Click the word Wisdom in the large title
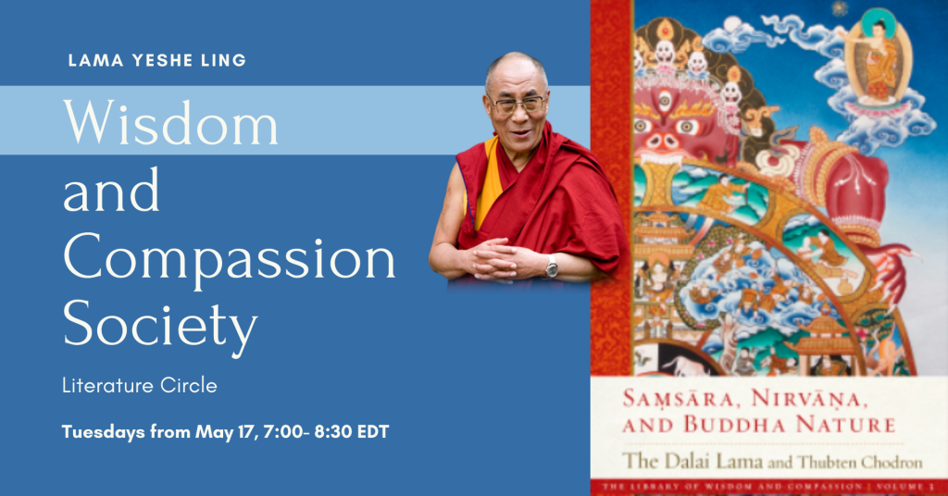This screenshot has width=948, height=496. pos(170,122)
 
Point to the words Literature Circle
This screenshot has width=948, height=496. pos(139,386)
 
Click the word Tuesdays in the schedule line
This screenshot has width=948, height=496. pos(103,431)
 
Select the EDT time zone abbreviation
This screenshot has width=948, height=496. pos(369,431)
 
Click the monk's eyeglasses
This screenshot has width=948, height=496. pos(518,103)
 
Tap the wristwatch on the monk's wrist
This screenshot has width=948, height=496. pos(552,267)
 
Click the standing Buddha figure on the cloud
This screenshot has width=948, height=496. pos(871,65)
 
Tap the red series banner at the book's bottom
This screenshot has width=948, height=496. pos(768,486)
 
